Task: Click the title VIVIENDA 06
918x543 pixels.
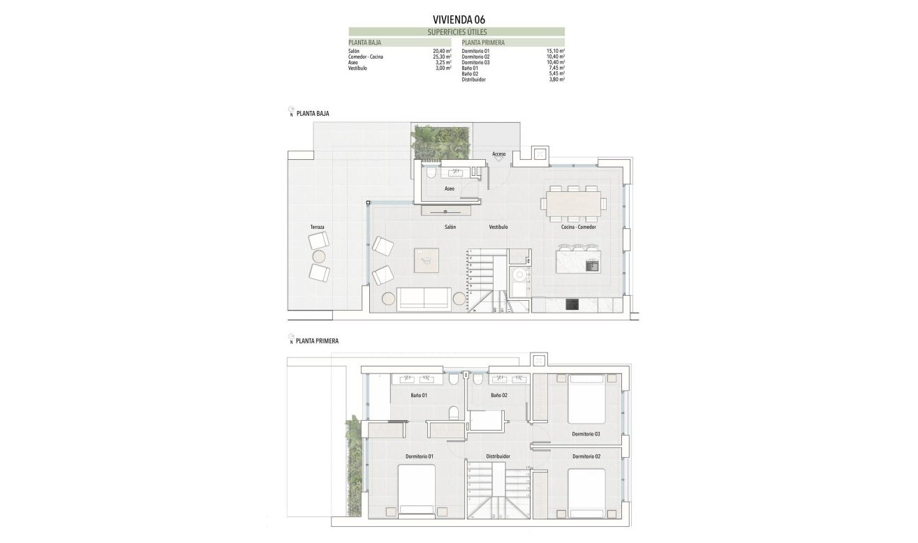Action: (x=458, y=20)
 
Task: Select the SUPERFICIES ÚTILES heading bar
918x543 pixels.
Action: (x=457, y=32)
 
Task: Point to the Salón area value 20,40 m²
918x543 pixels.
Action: (x=442, y=52)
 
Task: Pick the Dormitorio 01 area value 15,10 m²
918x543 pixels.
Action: (x=556, y=52)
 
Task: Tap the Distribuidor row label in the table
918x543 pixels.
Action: (x=473, y=80)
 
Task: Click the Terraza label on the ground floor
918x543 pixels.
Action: (x=318, y=228)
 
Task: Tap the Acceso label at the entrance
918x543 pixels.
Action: (x=498, y=154)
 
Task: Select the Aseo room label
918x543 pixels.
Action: (x=450, y=189)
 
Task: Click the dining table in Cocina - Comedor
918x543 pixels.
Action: (x=573, y=203)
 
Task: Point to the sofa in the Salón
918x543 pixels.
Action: (x=423, y=298)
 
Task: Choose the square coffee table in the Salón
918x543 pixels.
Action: (x=427, y=260)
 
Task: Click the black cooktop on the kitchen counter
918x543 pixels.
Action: (x=572, y=304)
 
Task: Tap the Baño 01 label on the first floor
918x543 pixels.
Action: (x=419, y=396)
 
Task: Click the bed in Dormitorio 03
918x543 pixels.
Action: (x=586, y=399)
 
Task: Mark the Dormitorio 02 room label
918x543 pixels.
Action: (x=586, y=456)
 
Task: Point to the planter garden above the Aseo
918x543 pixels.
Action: (x=441, y=142)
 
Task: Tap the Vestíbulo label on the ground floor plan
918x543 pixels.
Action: (x=498, y=228)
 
